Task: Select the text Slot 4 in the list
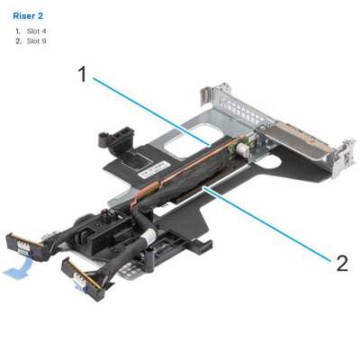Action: [37, 31]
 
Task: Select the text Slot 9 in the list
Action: [37, 41]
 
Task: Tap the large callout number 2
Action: [341, 263]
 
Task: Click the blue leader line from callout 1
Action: [153, 110]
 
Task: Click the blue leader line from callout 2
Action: [270, 224]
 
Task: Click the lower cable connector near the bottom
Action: [86, 274]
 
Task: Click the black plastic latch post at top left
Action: [104, 137]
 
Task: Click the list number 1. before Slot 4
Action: [17, 31]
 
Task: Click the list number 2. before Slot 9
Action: [17, 41]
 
